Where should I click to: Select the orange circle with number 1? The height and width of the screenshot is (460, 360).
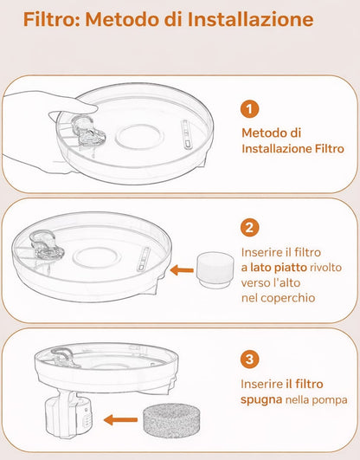tap(249, 110)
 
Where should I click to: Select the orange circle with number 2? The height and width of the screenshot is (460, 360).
tap(249, 228)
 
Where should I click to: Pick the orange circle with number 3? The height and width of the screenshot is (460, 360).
tap(249, 357)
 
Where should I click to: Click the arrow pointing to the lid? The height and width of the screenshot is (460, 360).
tap(181, 269)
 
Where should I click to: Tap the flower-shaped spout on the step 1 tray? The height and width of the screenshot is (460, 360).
tap(86, 131)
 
